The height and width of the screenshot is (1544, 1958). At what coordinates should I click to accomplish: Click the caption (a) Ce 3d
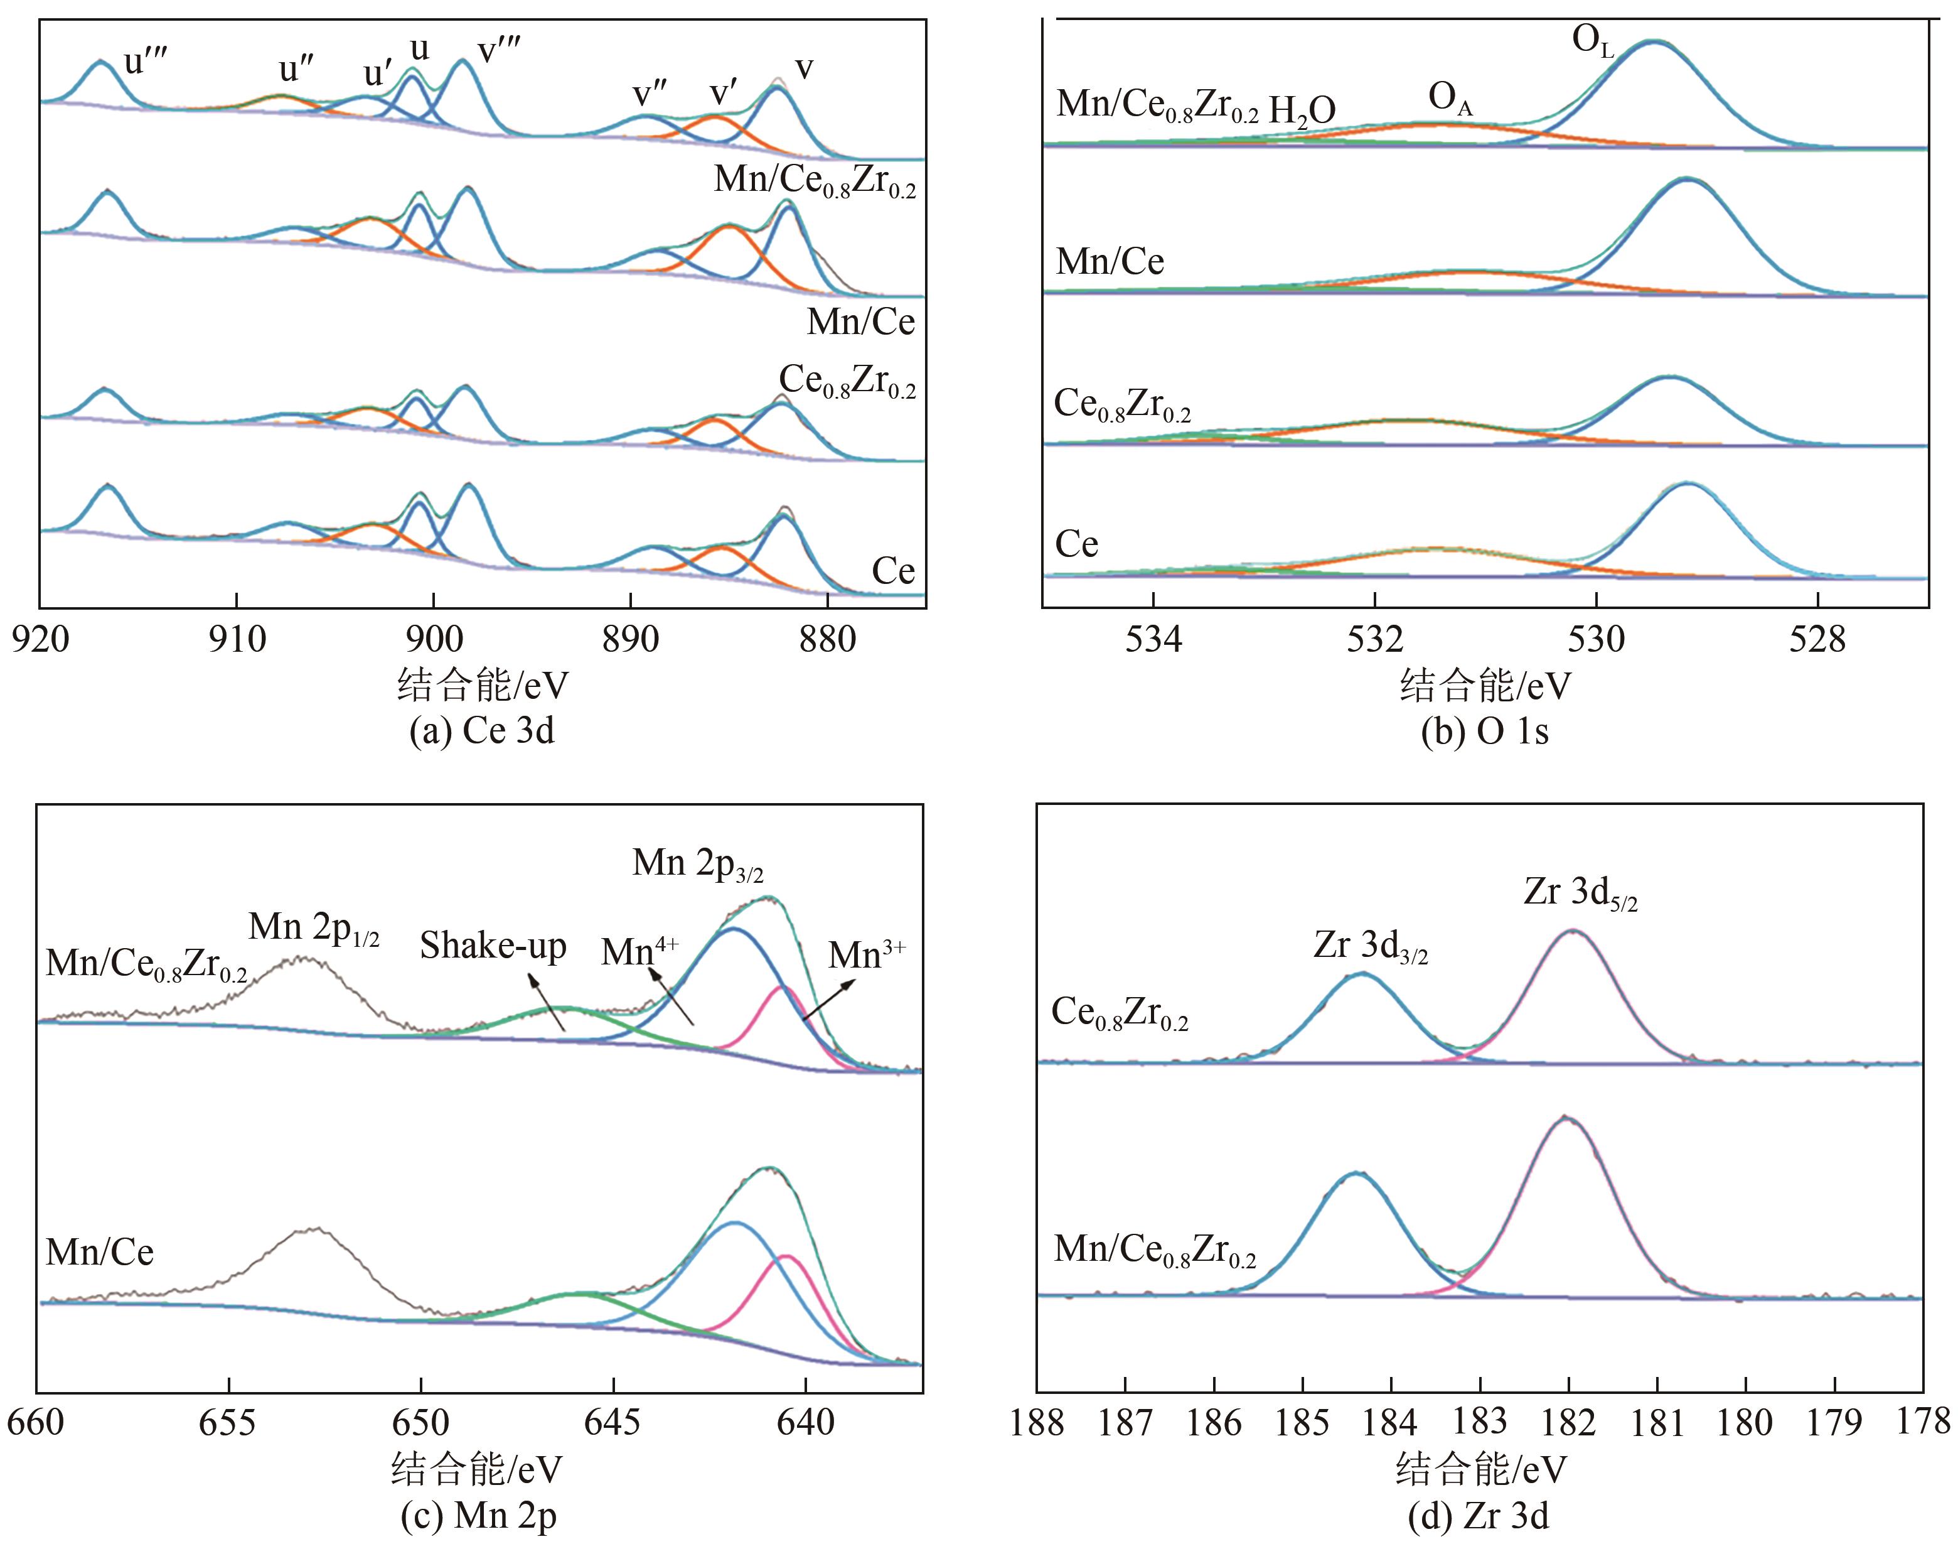(x=481, y=730)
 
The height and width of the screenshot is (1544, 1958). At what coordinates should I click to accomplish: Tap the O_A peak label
(x=1450, y=99)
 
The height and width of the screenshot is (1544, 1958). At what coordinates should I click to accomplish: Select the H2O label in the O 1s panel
(x=1302, y=111)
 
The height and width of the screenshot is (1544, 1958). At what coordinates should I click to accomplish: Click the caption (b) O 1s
(x=1485, y=730)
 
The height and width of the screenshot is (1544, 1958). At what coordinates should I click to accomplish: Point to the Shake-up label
(x=493, y=946)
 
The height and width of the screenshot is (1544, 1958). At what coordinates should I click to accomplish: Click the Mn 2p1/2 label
(x=314, y=927)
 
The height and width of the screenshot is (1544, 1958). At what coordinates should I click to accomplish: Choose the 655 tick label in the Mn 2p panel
(x=228, y=1422)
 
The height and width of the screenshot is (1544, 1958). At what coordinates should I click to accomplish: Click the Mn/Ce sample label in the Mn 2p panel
(x=99, y=1252)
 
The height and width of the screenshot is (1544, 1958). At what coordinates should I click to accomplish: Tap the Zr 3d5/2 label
(x=1580, y=893)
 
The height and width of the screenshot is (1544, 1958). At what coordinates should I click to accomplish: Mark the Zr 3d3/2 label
(x=1371, y=946)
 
